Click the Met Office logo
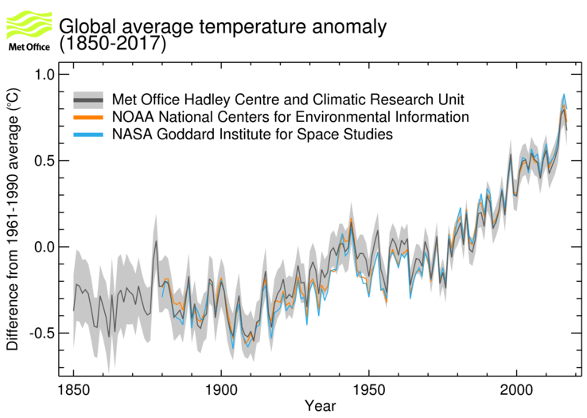click(x=29, y=30)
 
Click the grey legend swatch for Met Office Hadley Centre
click(x=89, y=100)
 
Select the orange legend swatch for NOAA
click(x=89, y=117)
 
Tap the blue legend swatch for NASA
click(x=89, y=135)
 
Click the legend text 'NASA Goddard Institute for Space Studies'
click(x=253, y=135)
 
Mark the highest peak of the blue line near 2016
click(x=563, y=95)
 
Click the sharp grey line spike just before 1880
click(x=156, y=240)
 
